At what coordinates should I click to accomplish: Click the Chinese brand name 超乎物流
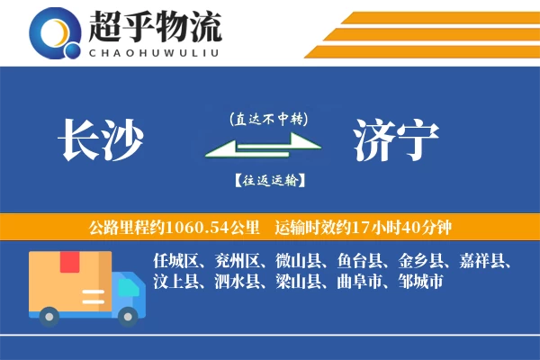click(154, 27)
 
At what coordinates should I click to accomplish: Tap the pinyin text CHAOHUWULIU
click(154, 51)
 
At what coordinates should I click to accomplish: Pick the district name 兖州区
click(236, 262)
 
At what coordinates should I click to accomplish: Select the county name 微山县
click(298, 262)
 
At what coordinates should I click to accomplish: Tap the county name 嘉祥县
click(485, 262)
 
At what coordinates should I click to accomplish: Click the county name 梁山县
click(297, 283)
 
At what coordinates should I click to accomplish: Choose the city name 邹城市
click(419, 283)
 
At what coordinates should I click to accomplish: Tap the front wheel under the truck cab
click(129, 315)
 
